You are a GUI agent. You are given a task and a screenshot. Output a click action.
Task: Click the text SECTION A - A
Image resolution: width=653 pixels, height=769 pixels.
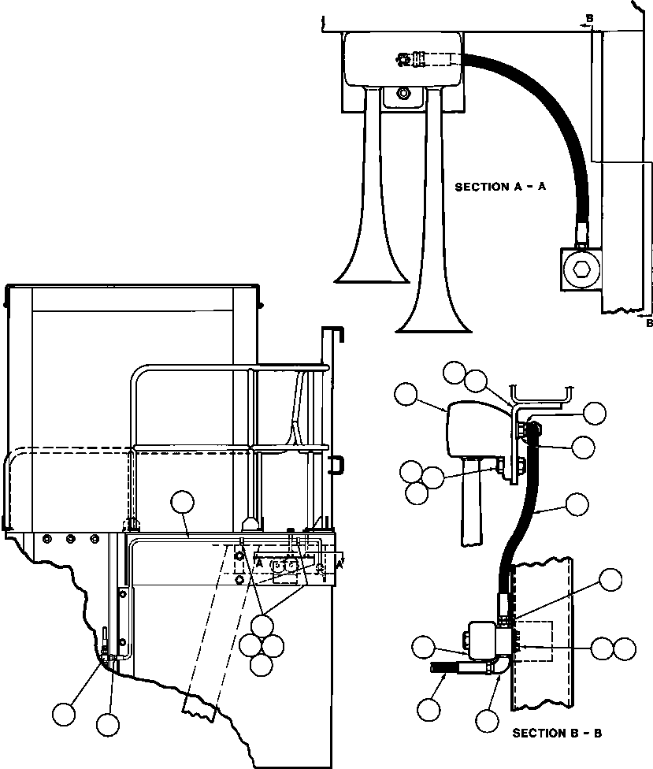[x=500, y=187]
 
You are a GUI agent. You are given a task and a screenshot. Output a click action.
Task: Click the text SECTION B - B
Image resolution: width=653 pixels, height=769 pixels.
[x=557, y=734]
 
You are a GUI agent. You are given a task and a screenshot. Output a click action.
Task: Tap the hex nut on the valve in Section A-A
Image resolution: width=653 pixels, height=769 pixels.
[x=581, y=269]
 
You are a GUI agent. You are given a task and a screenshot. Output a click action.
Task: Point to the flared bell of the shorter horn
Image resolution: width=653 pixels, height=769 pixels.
[x=372, y=273]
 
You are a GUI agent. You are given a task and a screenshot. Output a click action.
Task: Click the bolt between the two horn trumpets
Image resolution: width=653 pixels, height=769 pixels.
[x=403, y=93]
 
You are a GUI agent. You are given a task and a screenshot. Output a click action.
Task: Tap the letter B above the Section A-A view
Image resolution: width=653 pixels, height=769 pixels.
[x=590, y=18]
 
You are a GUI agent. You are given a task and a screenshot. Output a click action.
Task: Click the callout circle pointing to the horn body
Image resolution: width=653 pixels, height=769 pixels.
[x=406, y=394]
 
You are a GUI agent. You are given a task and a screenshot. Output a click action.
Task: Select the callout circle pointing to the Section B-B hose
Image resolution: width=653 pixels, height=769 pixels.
[x=577, y=504]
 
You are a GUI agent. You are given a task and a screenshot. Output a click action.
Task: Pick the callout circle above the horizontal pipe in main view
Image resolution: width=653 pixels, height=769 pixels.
[x=183, y=502]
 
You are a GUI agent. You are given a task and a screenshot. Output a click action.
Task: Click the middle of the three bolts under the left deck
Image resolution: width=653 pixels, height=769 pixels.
[x=71, y=539]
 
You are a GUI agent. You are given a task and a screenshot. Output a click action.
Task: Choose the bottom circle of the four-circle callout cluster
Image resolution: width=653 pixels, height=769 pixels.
[x=261, y=664]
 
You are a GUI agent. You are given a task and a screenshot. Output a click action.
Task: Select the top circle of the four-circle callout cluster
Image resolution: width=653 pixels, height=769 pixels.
[x=262, y=626]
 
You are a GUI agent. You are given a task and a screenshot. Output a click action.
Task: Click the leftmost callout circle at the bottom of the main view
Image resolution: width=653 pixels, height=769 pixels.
[x=65, y=714]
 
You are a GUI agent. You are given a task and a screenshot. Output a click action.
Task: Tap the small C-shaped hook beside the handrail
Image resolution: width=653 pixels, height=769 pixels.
[x=337, y=465]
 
